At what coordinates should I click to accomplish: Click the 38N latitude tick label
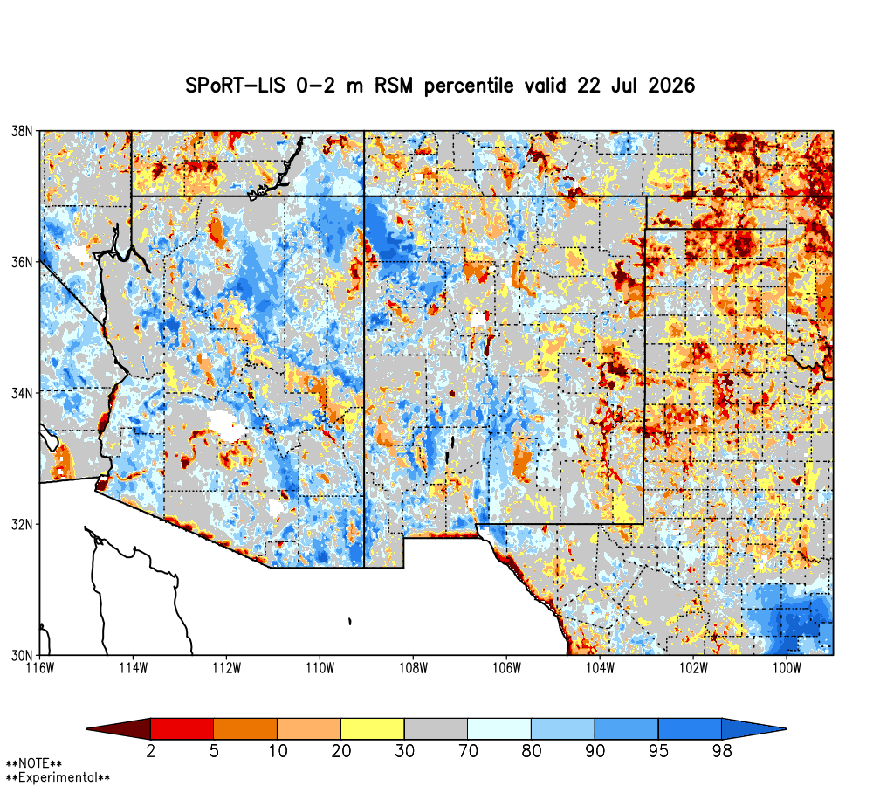point(23,132)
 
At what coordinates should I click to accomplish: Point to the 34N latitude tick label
point(23,393)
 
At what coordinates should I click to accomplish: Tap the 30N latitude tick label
point(23,655)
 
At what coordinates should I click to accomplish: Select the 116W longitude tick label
point(40,668)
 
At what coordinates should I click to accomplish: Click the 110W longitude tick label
point(320,668)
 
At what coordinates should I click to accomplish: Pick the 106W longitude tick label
point(506,668)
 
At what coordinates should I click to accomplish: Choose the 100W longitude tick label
point(787,668)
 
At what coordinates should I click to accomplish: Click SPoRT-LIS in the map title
point(235,86)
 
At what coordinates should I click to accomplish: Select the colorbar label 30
point(405,751)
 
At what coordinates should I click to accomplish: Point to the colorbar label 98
point(722,751)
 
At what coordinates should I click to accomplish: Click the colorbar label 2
point(150,751)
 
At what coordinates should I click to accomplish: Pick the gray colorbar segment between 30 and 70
point(436,728)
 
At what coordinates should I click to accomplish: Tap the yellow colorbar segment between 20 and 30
point(373,728)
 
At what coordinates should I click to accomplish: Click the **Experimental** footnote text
point(58,777)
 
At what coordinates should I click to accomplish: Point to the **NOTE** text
point(34,763)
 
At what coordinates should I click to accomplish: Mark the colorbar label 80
point(532,751)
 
